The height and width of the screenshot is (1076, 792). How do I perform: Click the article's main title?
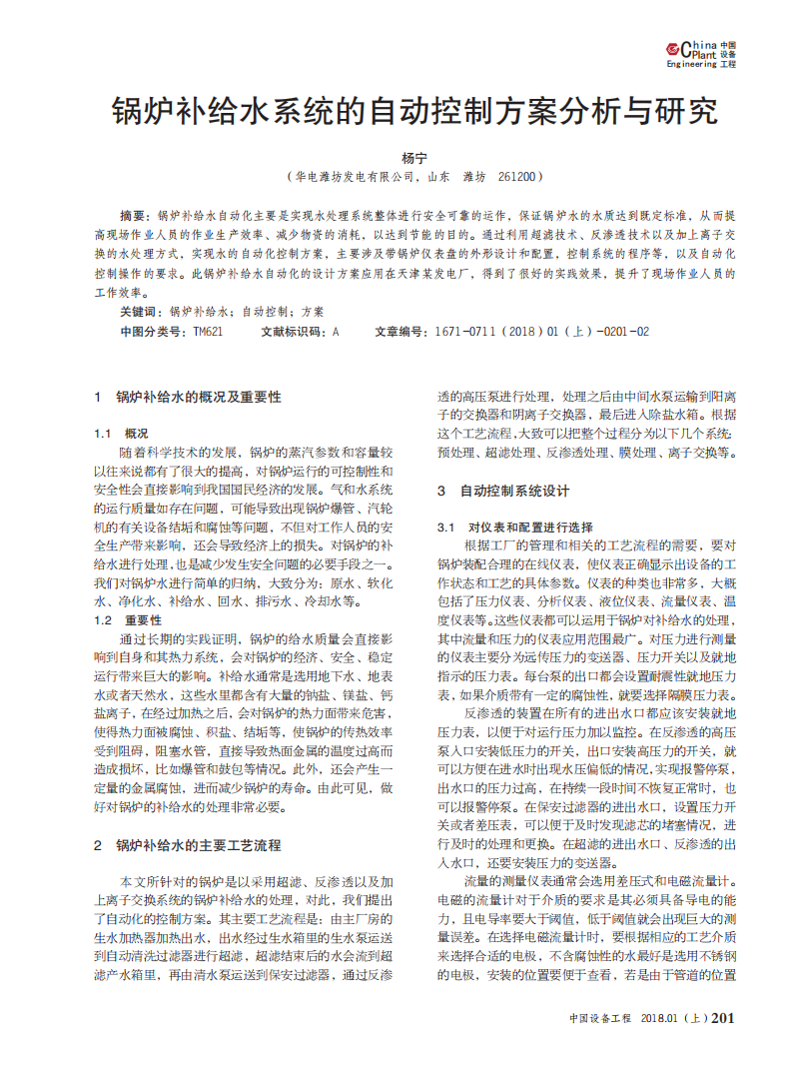click(413, 110)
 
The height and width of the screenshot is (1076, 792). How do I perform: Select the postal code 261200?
click(516, 176)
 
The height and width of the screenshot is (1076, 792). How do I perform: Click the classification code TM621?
click(207, 331)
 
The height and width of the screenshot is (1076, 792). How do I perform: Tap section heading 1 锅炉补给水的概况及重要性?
click(187, 398)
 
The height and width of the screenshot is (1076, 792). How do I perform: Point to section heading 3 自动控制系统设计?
click(503, 491)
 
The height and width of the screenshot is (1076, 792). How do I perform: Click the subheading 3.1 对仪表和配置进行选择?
click(515, 527)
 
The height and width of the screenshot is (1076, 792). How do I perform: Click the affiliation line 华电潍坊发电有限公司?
click(354, 176)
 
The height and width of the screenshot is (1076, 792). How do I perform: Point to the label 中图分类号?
click(152, 331)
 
